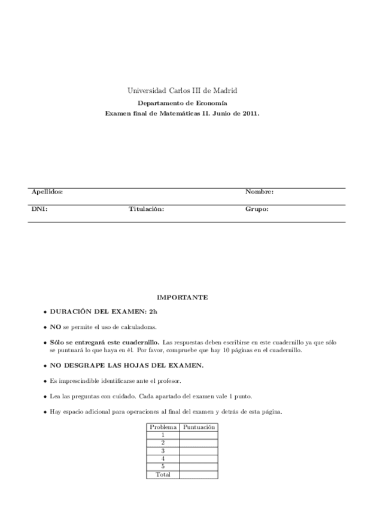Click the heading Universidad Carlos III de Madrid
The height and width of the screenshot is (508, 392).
[x=182, y=90]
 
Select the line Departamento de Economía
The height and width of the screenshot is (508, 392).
[x=182, y=103]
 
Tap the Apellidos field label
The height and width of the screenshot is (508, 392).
[x=47, y=192]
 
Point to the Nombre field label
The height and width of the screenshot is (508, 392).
[x=259, y=192]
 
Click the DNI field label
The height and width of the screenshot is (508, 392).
[x=39, y=210]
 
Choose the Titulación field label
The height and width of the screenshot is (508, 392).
[x=146, y=210]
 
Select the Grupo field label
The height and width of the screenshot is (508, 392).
[x=256, y=210]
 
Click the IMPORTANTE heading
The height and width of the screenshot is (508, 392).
[x=182, y=297]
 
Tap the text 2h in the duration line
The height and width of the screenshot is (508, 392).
[x=153, y=312]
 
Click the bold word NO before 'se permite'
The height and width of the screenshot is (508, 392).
[x=56, y=328]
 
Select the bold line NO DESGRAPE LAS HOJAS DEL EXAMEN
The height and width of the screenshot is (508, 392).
[x=127, y=365]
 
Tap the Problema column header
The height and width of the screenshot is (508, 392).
[x=163, y=428]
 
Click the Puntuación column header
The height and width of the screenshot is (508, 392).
[x=198, y=428]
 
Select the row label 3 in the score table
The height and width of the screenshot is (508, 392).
[x=163, y=450]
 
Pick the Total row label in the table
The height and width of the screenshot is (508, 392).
[x=163, y=474]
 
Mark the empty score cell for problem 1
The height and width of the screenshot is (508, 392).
[x=198, y=436]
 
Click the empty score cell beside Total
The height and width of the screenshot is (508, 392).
[x=198, y=474]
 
